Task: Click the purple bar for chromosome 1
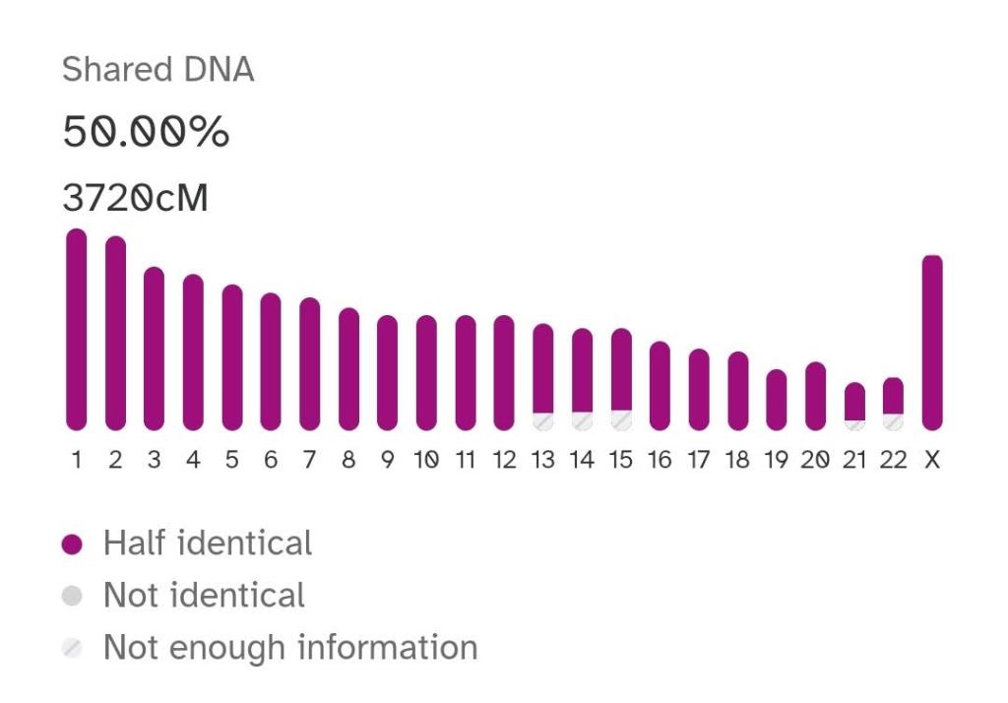[76, 330]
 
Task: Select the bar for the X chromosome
[931, 343]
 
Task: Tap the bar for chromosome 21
[854, 401]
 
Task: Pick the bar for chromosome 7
[309, 363]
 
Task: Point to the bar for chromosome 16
[660, 385]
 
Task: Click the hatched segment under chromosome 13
[542, 420]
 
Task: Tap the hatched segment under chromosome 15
[621, 419]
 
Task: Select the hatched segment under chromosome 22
[893, 421]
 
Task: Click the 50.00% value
[146, 133]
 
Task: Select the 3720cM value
[135, 199]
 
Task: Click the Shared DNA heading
[157, 70]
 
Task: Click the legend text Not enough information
[290, 648]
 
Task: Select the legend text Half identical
[208, 543]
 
